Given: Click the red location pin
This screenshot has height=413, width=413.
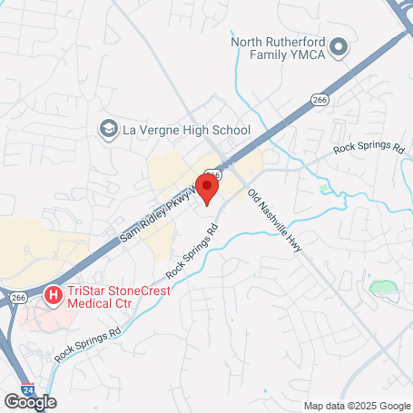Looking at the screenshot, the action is pos(207,190).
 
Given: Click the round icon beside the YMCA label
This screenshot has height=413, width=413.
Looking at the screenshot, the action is pos(339,46).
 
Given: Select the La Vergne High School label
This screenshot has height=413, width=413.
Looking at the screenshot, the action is pos(186,130).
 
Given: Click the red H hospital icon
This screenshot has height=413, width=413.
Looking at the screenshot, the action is pos(52,296).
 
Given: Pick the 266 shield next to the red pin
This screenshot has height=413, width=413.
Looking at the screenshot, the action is pos(213,173).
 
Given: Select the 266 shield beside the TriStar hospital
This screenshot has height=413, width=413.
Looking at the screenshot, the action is pos(19,296).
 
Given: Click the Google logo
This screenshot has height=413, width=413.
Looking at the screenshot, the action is pos(30,401).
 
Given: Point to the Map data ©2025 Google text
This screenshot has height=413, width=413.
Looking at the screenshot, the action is pos(357,406).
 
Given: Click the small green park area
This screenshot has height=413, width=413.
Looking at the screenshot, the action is pos(384,290).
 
